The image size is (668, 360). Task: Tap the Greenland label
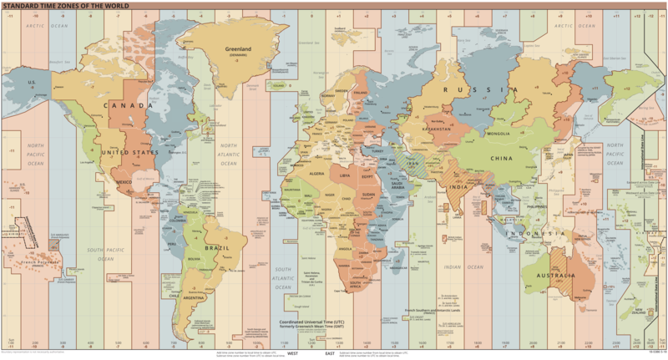pyautogui.click(x=238, y=48)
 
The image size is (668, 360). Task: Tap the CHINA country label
pyautogui.click(x=503, y=156)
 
